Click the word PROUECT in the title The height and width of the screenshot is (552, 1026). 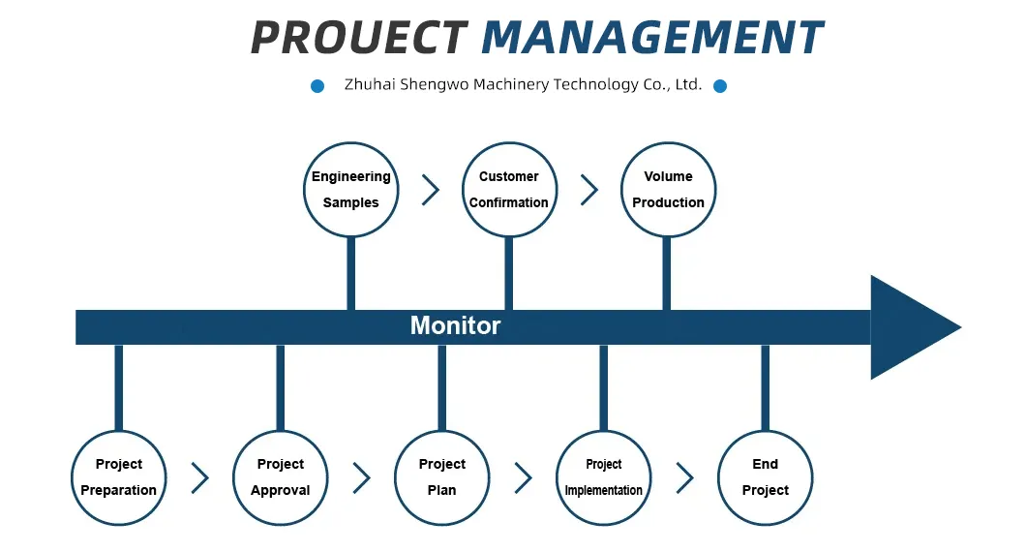point(358,37)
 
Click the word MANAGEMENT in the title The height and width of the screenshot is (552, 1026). point(652,37)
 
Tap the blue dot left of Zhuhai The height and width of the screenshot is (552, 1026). point(317,86)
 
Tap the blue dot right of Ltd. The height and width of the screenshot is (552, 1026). point(720,86)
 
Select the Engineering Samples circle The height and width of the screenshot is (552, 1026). point(350,189)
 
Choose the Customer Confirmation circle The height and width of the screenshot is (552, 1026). point(509,189)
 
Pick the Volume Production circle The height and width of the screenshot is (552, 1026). point(668,189)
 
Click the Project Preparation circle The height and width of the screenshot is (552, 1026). point(118,477)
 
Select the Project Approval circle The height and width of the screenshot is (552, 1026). point(280,477)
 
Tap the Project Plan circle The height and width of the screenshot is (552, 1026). point(441,477)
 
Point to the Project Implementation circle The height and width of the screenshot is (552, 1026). point(603,477)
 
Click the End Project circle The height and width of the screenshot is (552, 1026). point(765,477)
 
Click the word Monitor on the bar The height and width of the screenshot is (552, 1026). point(456,325)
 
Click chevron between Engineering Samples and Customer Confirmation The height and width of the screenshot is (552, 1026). point(431,190)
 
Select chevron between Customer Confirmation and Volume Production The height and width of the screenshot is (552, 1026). point(589,190)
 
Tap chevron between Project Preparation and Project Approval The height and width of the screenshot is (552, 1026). point(200,478)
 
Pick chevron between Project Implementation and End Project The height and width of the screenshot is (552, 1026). point(685,478)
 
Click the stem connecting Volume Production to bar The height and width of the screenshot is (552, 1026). point(666,273)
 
